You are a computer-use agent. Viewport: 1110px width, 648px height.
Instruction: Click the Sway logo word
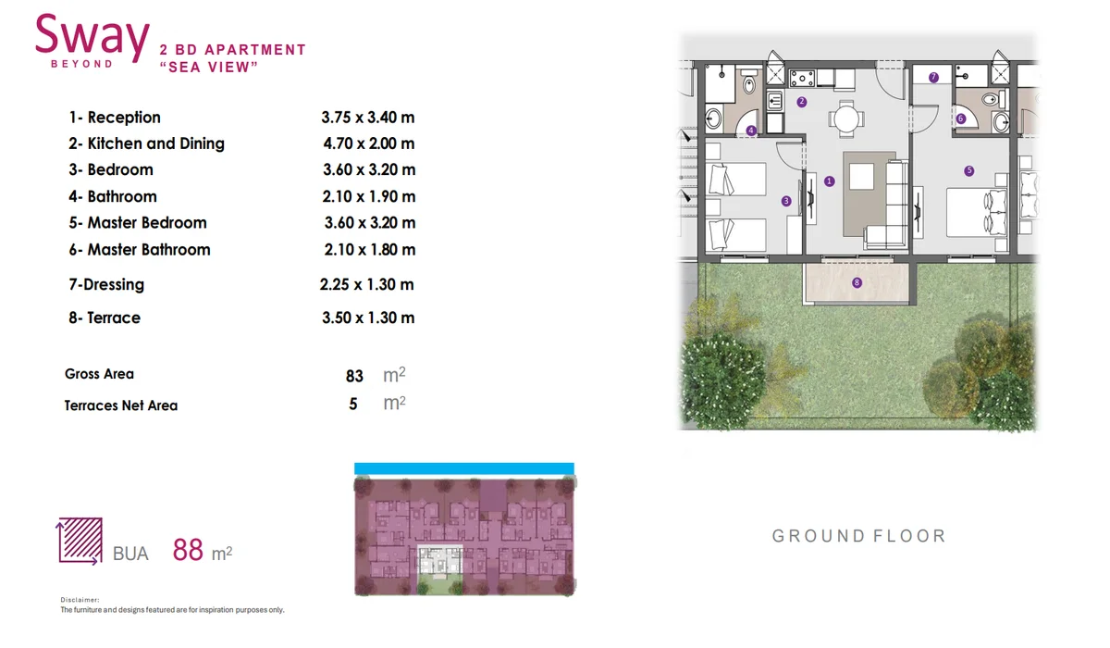(x=92, y=36)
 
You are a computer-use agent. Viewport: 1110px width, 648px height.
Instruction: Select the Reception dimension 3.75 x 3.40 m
(x=368, y=118)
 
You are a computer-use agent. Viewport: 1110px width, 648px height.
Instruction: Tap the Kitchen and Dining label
(x=146, y=143)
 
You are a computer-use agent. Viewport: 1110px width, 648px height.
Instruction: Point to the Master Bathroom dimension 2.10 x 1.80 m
(x=370, y=249)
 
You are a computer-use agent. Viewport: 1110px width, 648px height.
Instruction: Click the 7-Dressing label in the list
(x=106, y=284)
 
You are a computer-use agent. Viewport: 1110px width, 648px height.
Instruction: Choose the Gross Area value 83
(x=354, y=376)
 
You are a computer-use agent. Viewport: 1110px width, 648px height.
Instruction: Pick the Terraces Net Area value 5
(x=352, y=404)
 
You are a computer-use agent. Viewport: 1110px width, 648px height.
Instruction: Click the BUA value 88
(x=188, y=549)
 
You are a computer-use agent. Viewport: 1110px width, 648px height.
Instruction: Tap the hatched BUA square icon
(x=80, y=541)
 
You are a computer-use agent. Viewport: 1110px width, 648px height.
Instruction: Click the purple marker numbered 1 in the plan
(x=830, y=181)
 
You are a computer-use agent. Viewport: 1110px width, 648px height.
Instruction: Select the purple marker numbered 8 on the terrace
(x=857, y=282)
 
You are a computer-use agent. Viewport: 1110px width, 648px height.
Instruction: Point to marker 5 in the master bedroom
(x=969, y=171)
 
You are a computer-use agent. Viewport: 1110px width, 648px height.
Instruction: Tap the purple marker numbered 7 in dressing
(x=933, y=78)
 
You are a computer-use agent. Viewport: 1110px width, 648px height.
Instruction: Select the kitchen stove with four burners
(x=802, y=79)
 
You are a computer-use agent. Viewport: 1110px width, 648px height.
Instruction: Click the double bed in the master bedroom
(x=977, y=212)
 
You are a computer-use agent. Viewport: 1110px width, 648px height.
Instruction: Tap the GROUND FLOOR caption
(x=859, y=536)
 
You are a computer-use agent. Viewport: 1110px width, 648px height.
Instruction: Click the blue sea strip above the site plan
(x=464, y=468)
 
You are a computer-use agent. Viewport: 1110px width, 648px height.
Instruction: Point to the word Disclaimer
(x=80, y=600)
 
